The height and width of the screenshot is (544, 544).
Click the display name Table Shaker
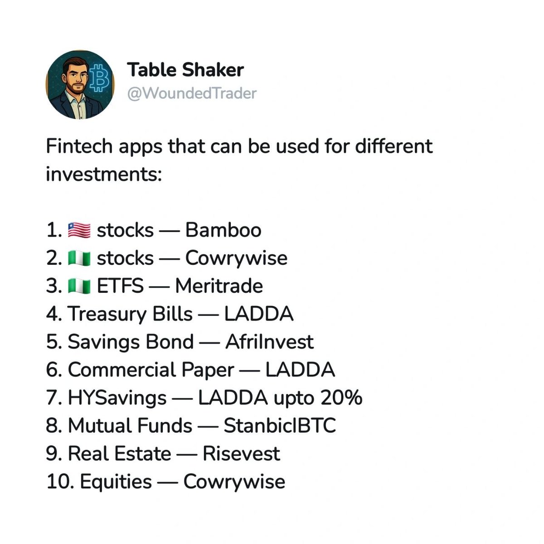pyautogui.click(x=185, y=70)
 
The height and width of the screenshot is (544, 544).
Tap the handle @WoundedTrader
pyautogui.click(x=192, y=93)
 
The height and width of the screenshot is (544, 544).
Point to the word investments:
pyautogui.click(x=104, y=175)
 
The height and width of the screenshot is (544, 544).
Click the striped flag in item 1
pyautogui.click(x=79, y=230)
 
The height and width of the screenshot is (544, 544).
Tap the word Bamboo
pyautogui.click(x=223, y=230)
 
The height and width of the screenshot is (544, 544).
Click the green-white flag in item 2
pyautogui.click(x=79, y=258)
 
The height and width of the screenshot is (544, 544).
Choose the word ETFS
pyautogui.click(x=120, y=286)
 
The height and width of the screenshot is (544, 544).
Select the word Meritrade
pyautogui.click(x=219, y=286)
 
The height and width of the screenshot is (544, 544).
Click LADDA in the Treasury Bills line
pyautogui.click(x=259, y=314)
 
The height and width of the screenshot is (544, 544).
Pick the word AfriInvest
pyautogui.click(x=269, y=342)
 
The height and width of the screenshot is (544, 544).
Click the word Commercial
pyautogui.click(x=121, y=370)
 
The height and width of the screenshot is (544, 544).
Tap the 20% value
pyautogui.click(x=341, y=398)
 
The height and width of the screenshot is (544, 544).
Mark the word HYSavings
pyautogui.click(x=117, y=398)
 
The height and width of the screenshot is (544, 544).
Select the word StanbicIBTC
pyautogui.click(x=280, y=426)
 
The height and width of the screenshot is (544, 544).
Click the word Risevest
pyautogui.click(x=241, y=454)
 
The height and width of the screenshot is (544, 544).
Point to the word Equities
pyautogui.click(x=116, y=482)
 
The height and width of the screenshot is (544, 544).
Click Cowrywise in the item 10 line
pyautogui.click(x=234, y=482)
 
